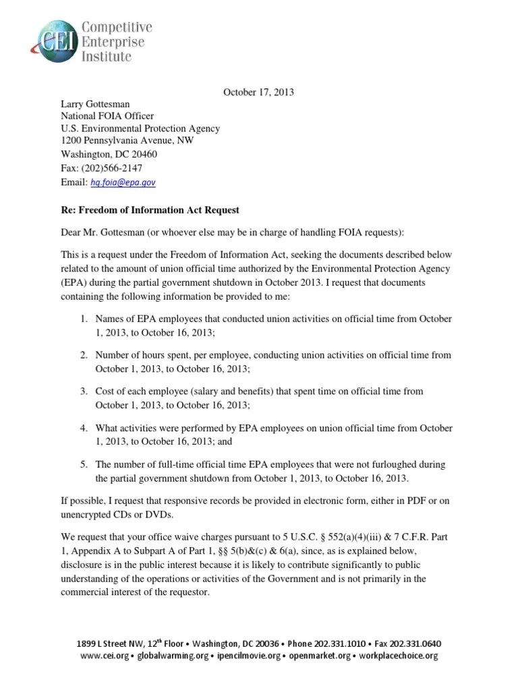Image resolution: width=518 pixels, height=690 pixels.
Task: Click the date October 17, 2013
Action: tap(258, 92)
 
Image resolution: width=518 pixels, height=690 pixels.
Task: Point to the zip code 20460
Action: tap(143, 154)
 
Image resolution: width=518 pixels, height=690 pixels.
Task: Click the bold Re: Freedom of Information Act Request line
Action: tap(150, 210)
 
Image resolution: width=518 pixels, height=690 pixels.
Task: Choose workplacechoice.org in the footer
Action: tap(399, 656)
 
